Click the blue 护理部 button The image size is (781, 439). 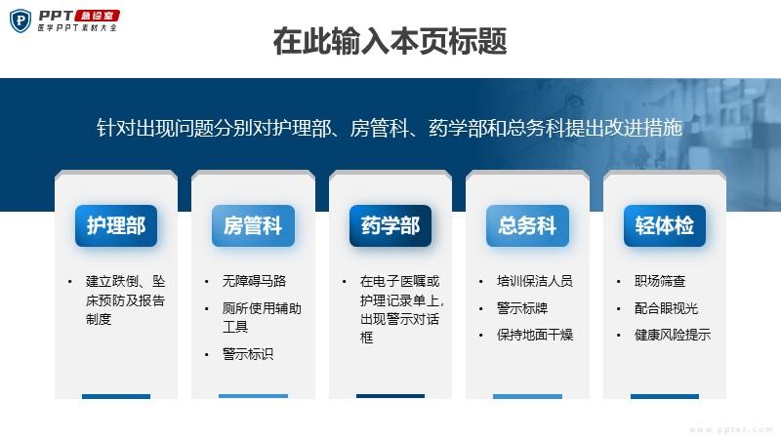coord(116,225)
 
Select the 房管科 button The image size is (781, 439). coord(253,225)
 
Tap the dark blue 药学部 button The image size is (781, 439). coord(390,225)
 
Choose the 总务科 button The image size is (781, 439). coord(527,225)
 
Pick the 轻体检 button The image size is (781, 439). coord(665,225)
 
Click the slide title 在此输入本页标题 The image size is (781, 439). coord(390,41)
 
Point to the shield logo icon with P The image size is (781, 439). coord(21,20)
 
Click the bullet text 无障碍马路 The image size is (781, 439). coord(254,281)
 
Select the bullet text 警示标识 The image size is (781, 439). coord(248,354)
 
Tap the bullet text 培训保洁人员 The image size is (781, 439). coord(534,281)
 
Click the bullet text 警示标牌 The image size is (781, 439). coord(522,308)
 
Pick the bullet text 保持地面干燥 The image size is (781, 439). coord(534,335)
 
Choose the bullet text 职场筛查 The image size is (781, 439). coord(660,281)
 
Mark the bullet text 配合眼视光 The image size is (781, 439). coord(666,308)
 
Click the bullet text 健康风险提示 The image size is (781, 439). coord(673,335)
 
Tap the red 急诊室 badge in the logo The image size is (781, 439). coord(97,16)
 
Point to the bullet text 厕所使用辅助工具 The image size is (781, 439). coord(262,318)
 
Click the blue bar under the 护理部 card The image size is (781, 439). coord(116,397)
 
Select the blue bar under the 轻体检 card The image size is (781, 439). coord(665,397)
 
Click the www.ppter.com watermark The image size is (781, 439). coord(730,429)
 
